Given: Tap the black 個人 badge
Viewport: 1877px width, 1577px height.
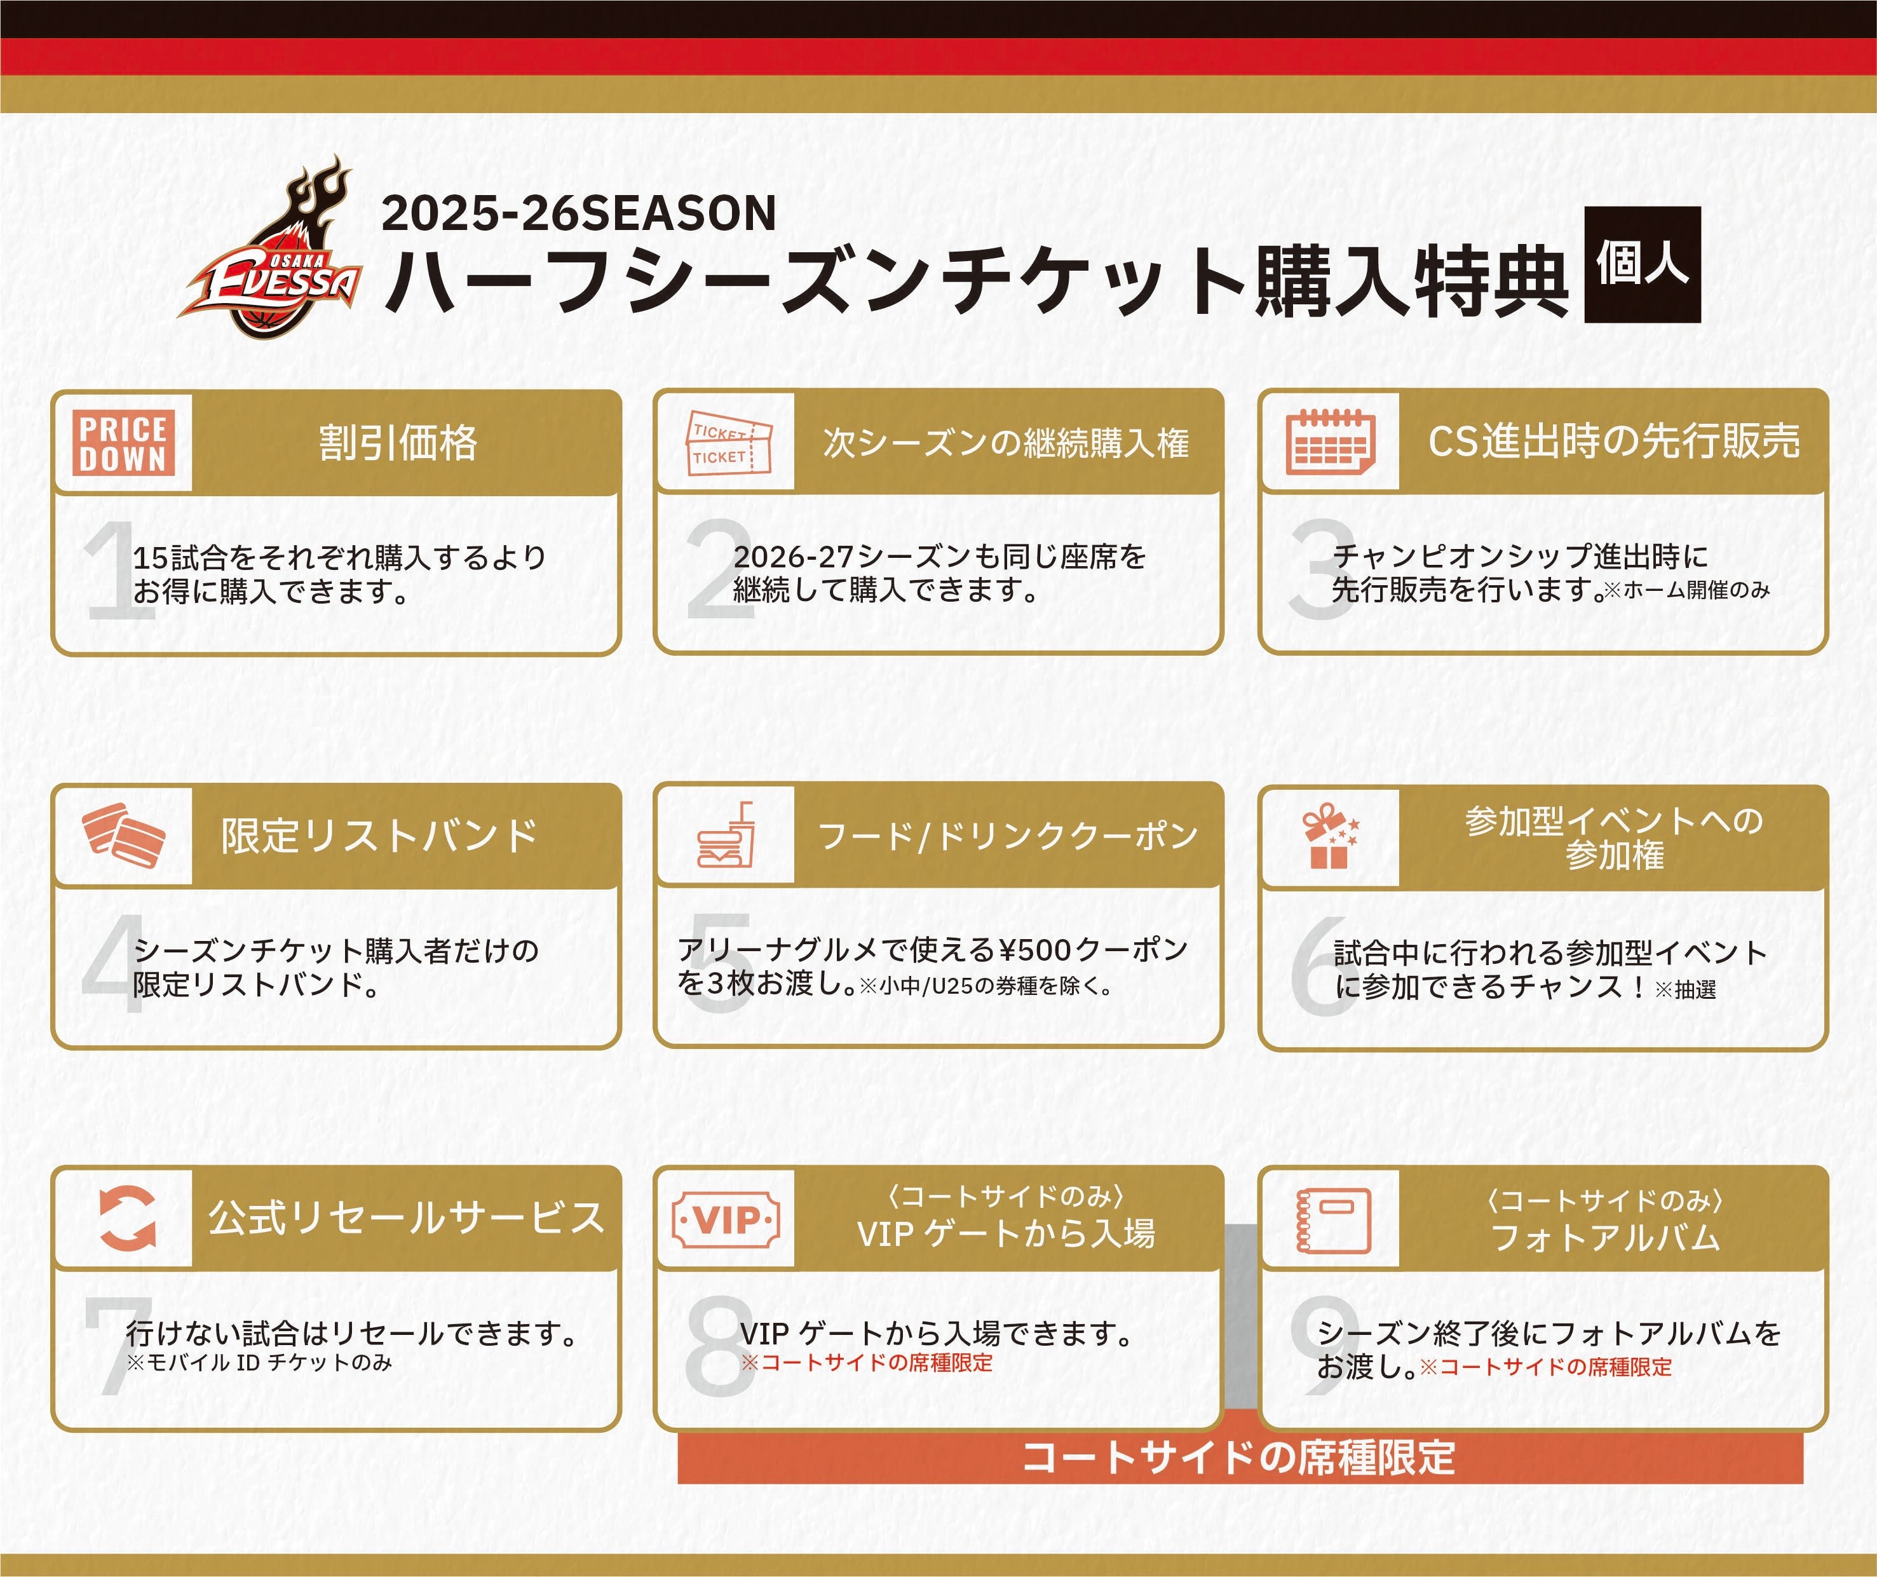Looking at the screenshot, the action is coord(1642,264).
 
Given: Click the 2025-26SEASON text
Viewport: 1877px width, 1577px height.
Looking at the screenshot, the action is coord(578,213).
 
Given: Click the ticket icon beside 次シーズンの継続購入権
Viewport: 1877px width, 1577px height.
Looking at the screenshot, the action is coord(728,442).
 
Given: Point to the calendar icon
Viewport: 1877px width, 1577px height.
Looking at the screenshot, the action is coord(1330,442).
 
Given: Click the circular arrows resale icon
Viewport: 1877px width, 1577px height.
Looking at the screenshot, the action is coord(126,1217).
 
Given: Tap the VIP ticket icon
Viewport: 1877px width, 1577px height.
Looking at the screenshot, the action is coord(726,1219).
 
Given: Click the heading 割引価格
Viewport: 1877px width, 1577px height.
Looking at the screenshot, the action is coord(398,442).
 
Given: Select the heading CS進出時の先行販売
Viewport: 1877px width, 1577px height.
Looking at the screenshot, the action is coord(1614,441).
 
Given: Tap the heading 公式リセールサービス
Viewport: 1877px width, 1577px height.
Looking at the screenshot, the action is coord(407,1217).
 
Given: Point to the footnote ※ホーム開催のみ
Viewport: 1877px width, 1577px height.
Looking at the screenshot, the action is coord(1686,590).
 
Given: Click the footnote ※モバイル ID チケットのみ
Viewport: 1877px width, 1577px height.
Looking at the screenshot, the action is coord(259,1362).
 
